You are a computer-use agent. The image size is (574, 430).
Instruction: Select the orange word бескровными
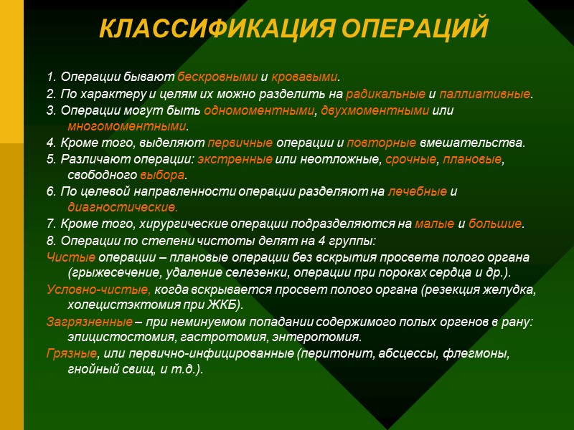pyautogui.click(x=213, y=77)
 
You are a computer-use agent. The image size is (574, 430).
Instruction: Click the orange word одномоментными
pyautogui.click(x=260, y=111)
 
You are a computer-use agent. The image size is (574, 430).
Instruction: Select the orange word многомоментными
pyautogui.click(x=126, y=127)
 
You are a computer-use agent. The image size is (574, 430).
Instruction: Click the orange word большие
pyautogui.click(x=496, y=224)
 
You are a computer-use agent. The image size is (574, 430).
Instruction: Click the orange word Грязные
pyautogui.click(x=72, y=353)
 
